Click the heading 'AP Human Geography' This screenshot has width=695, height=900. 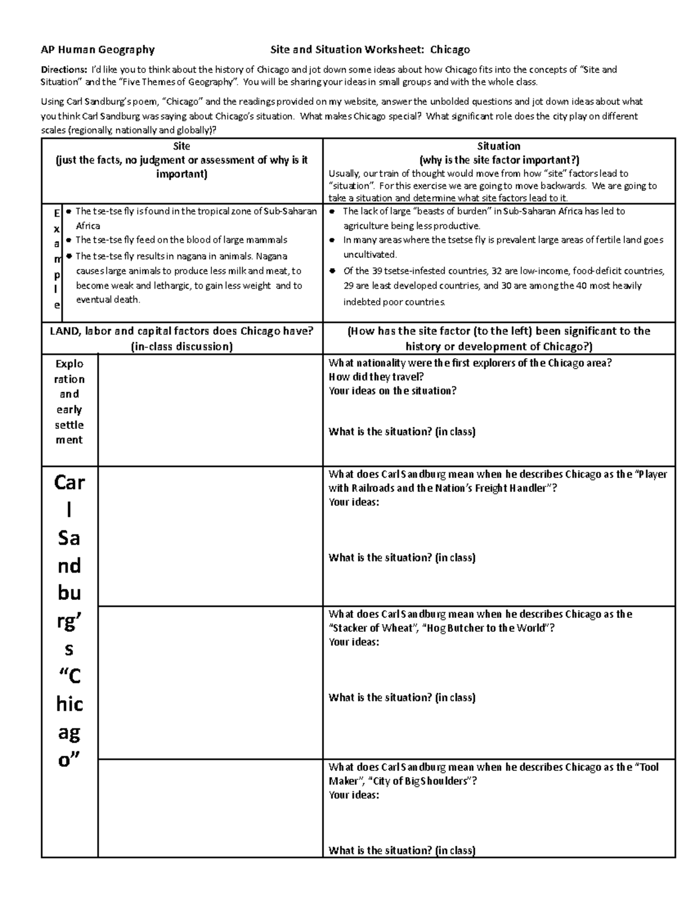point(97,50)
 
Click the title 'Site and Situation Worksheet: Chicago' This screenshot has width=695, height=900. point(370,50)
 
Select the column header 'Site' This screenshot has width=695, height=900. point(181,146)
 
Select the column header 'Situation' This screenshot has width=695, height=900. point(498,146)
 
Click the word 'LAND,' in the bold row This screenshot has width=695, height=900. point(65,331)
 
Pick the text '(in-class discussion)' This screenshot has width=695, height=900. point(182,347)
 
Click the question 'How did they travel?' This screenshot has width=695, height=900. point(376,377)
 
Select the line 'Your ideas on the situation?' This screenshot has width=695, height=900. point(392,391)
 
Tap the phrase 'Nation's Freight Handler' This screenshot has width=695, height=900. point(492,488)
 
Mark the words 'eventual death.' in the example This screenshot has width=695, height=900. point(108,300)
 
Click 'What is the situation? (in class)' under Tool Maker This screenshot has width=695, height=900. point(402,850)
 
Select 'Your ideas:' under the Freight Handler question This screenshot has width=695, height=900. point(354,502)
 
